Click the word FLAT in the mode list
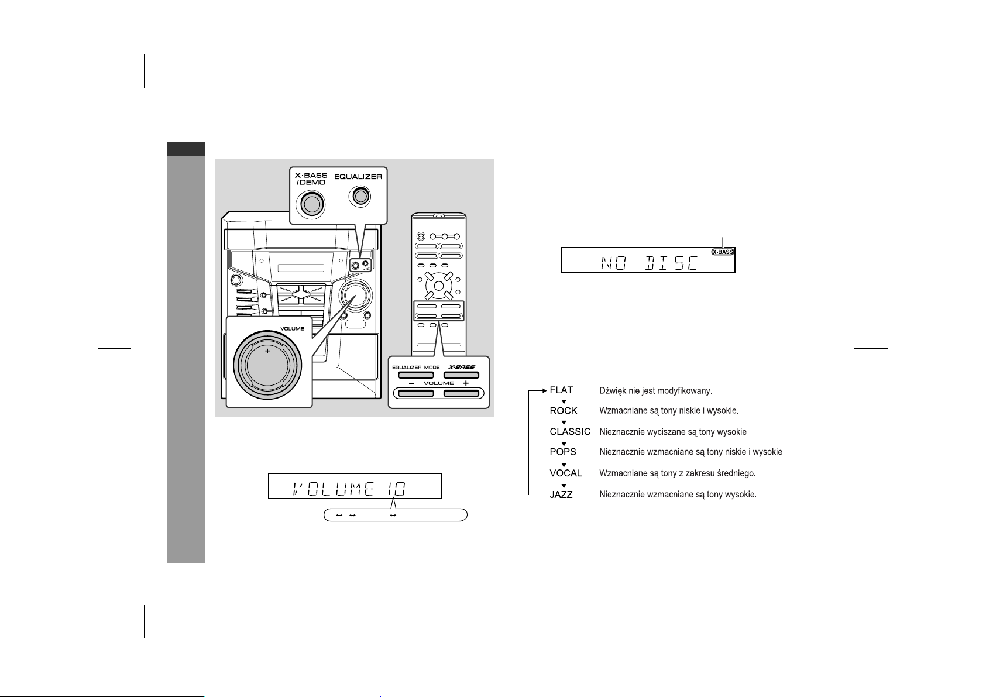click(561, 390)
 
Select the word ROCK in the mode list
click(564, 411)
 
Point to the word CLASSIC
click(570, 432)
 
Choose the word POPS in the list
click(563, 452)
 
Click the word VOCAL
click(566, 473)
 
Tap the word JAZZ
click(561, 495)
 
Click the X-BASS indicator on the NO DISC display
click(722, 252)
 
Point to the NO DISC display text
click(648, 263)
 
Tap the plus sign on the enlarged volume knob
click(267, 351)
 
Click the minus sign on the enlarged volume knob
click(267, 380)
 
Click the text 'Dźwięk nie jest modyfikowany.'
click(655, 390)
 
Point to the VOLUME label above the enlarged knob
click(291, 329)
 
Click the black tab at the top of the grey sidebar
click(185, 150)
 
